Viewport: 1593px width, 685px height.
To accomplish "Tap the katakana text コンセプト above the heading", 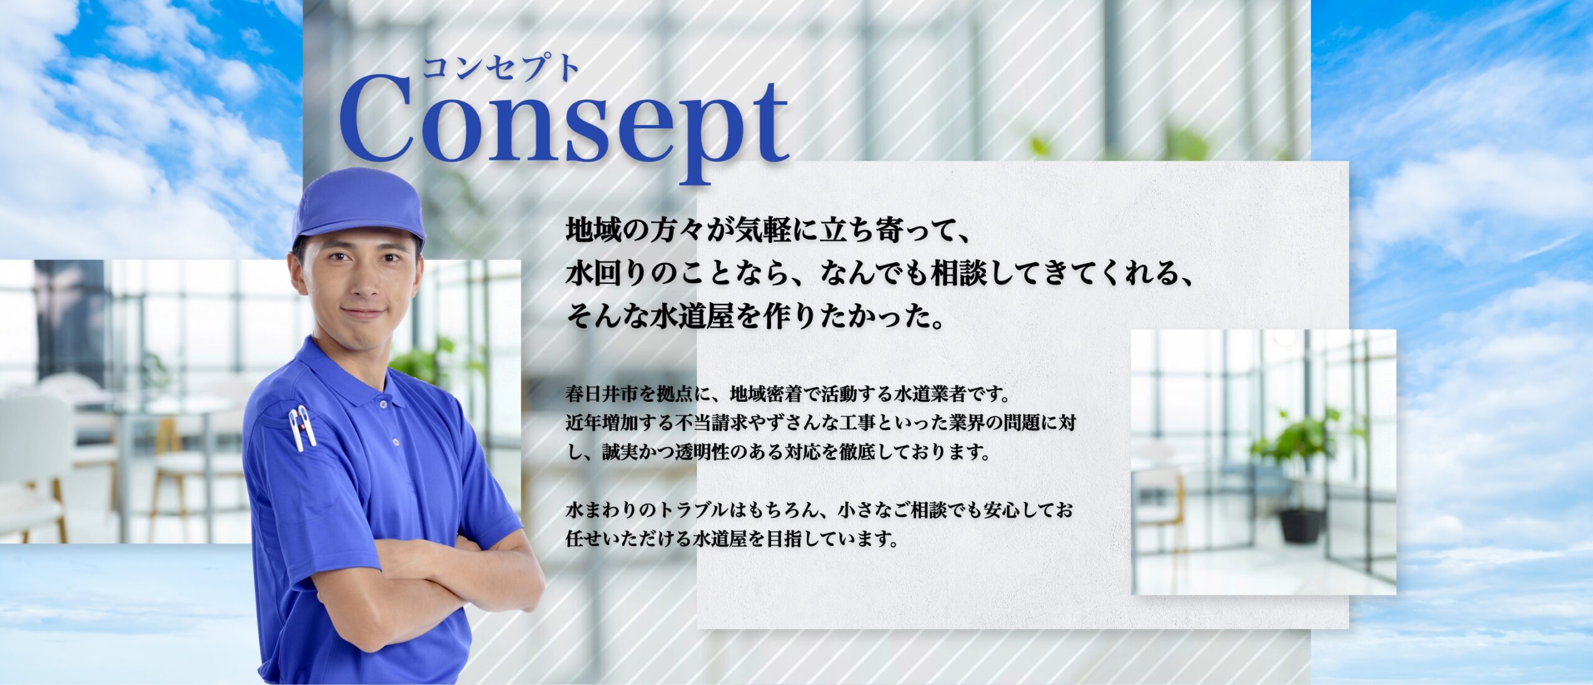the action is (502, 68).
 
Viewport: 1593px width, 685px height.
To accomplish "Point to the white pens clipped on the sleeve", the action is (303, 427).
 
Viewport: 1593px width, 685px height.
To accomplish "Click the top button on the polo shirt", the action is (383, 404).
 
